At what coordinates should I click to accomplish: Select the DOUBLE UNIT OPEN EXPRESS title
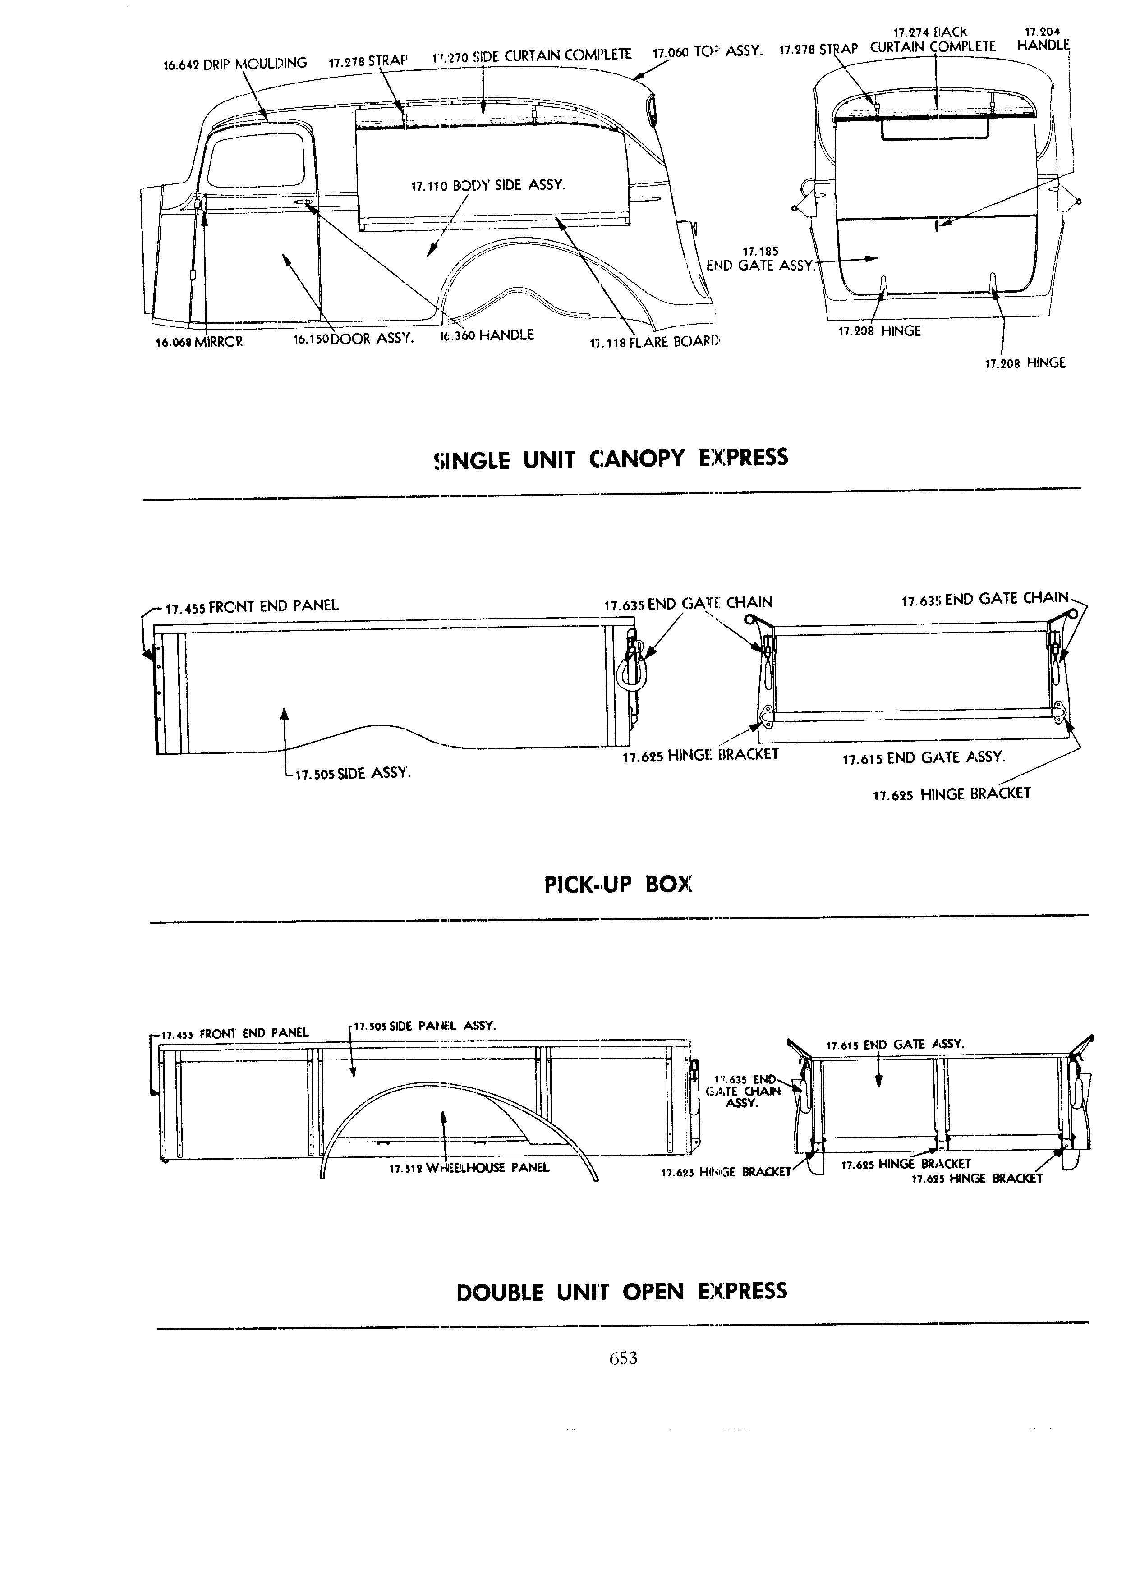(x=621, y=1291)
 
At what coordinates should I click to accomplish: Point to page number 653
(x=623, y=1358)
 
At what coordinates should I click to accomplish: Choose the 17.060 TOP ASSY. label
(x=707, y=52)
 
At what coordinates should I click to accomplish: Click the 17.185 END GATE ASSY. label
(x=761, y=259)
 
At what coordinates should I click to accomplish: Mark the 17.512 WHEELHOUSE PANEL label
(x=469, y=1168)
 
